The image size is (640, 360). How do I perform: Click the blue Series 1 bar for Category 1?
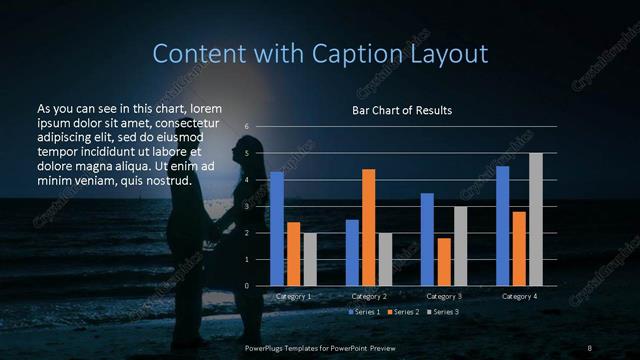[x=277, y=229]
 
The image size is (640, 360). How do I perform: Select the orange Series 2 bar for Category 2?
[x=368, y=227]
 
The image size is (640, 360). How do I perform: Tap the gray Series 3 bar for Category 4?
[x=535, y=219]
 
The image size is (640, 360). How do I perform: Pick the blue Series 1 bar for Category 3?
[x=427, y=239]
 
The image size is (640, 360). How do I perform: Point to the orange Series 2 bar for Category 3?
[x=443, y=262]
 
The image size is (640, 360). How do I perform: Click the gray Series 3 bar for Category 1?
[x=310, y=259]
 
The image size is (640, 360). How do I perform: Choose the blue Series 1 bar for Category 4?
[x=502, y=226]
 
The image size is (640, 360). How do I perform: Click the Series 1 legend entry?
[x=365, y=312]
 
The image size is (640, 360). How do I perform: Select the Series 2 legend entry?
[x=403, y=312]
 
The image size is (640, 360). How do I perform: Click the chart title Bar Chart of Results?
[x=402, y=109]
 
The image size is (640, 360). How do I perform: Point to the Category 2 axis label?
[x=369, y=297]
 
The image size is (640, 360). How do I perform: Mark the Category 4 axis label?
[x=519, y=297]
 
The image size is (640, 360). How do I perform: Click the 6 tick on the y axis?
[x=245, y=127]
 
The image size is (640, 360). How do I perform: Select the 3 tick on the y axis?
[x=245, y=207]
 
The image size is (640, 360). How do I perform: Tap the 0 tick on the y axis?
[x=245, y=286]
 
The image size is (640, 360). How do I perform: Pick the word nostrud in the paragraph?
[x=169, y=180]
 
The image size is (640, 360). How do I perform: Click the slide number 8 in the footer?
[x=590, y=347]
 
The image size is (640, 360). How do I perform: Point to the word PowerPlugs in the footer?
[x=267, y=347]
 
